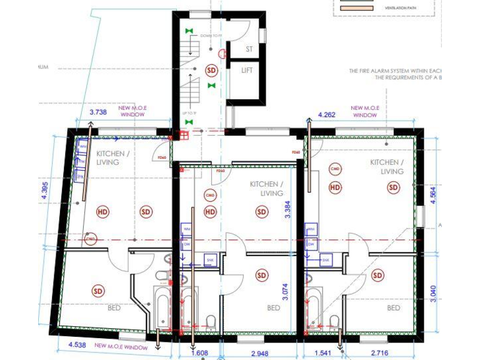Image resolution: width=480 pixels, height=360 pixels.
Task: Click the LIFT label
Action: [x=247, y=70]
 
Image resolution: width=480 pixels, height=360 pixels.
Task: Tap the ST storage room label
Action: [x=249, y=49]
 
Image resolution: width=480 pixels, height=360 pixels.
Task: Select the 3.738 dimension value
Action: [x=99, y=112]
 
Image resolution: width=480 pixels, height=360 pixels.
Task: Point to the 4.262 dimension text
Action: [x=327, y=115]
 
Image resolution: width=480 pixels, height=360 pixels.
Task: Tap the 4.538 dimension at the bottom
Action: [x=69, y=343]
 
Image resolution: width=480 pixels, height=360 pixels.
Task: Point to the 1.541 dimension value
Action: [x=321, y=353]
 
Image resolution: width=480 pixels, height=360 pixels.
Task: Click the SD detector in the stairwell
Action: [x=211, y=71]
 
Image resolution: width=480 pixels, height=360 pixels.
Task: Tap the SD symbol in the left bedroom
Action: [x=97, y=291]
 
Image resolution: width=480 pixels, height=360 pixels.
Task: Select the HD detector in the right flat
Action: [x=336, y=187]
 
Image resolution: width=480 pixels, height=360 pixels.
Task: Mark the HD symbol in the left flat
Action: [x=102, y=212]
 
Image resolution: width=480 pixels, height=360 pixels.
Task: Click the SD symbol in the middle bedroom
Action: [x=261, y=275]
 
